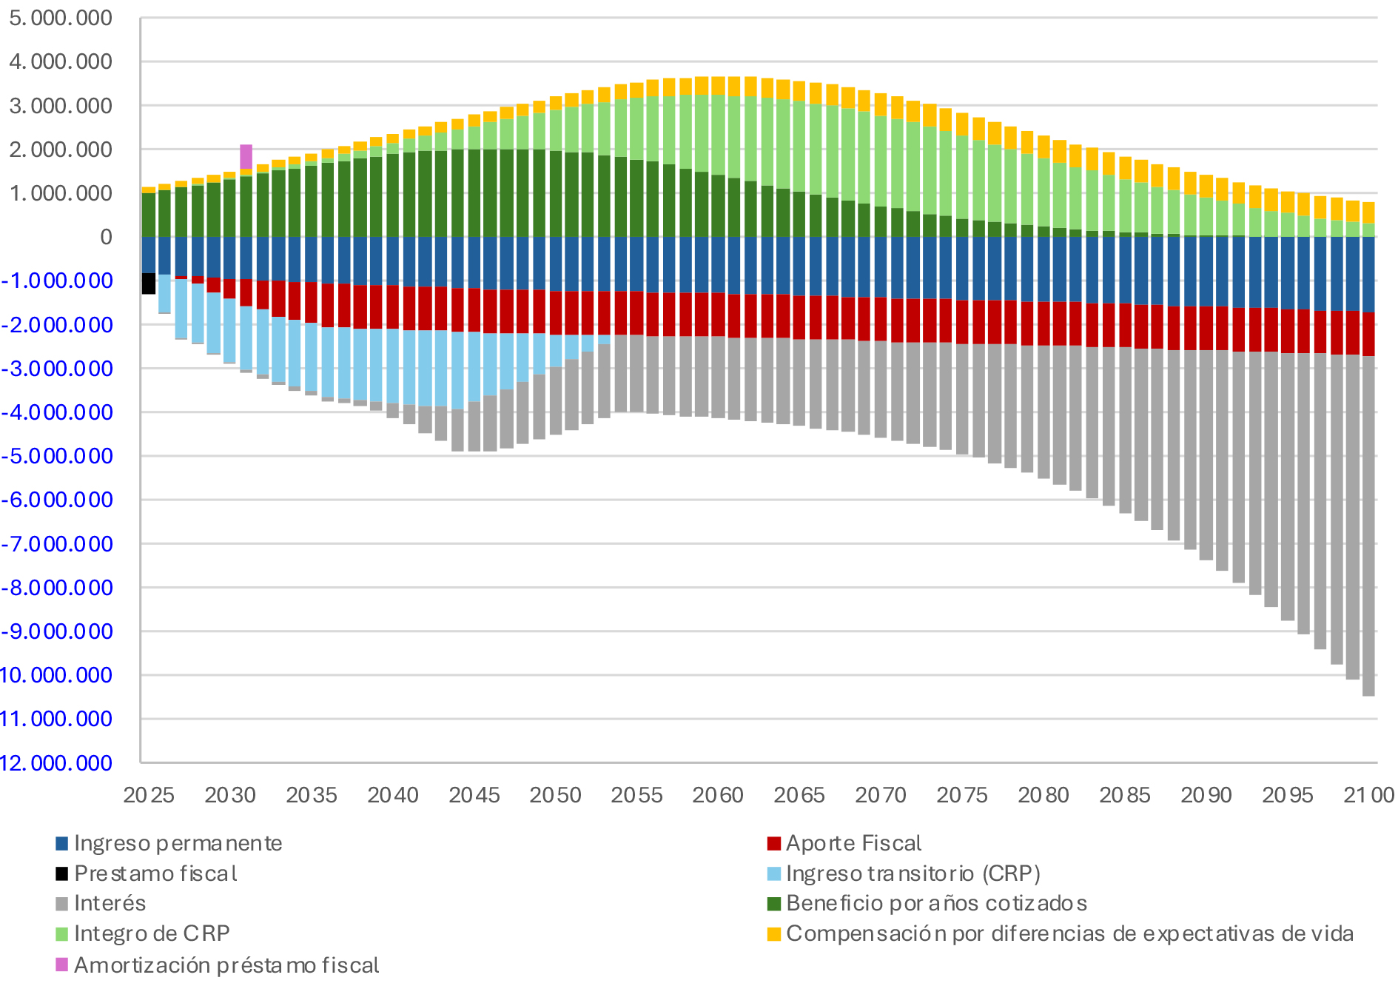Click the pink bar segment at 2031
[246, 156]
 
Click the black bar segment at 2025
[149, 284]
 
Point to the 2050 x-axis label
[555, 795]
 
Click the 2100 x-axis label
[1368, 795]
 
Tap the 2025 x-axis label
[149, 795]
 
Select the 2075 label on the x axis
[961, 795]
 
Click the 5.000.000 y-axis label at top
[61, 18]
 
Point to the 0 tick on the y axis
[106, 237]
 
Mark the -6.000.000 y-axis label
[58, 500]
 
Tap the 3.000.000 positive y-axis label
[61, 106]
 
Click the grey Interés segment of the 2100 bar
[1368, 526]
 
